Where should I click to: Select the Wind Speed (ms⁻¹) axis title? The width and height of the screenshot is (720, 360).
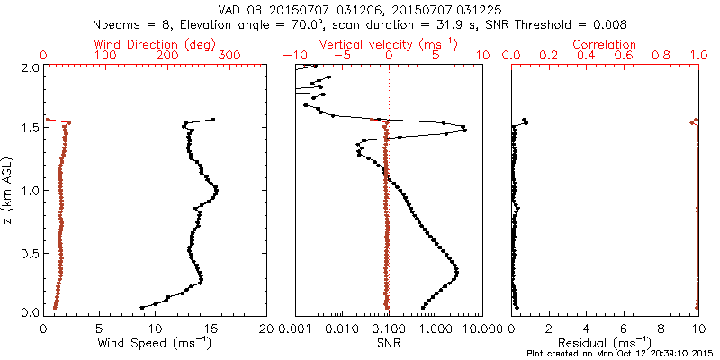[x=157, y=343]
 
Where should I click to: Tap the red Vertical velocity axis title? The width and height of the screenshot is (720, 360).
[x=388, y=44]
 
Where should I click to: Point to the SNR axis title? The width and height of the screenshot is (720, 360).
[x=388, y=343]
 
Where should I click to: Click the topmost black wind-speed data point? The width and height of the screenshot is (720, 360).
[x=213, y=119]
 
